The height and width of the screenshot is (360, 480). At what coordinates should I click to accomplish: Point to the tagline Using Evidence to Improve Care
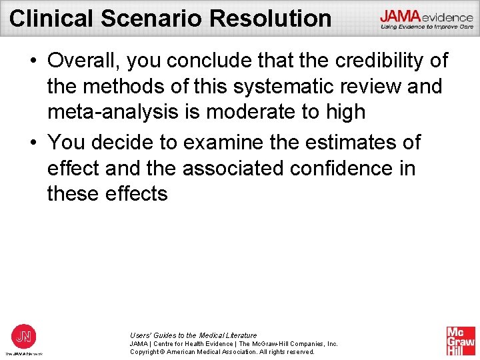point(426,27)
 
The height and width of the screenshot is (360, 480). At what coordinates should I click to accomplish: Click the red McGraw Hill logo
point(461,341)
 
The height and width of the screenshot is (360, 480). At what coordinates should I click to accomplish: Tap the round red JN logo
point(24,335)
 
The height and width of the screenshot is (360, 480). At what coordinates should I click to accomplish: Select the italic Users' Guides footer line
point(193,335)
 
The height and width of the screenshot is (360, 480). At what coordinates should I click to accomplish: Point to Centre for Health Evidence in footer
point(190,343)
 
